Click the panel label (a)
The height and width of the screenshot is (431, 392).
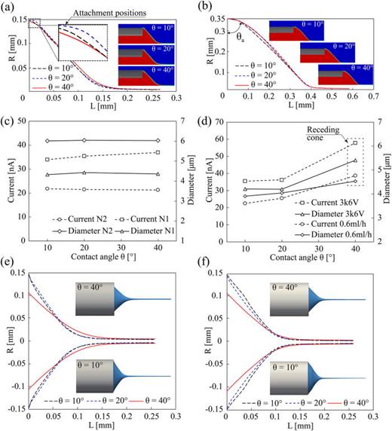(9, 7)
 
